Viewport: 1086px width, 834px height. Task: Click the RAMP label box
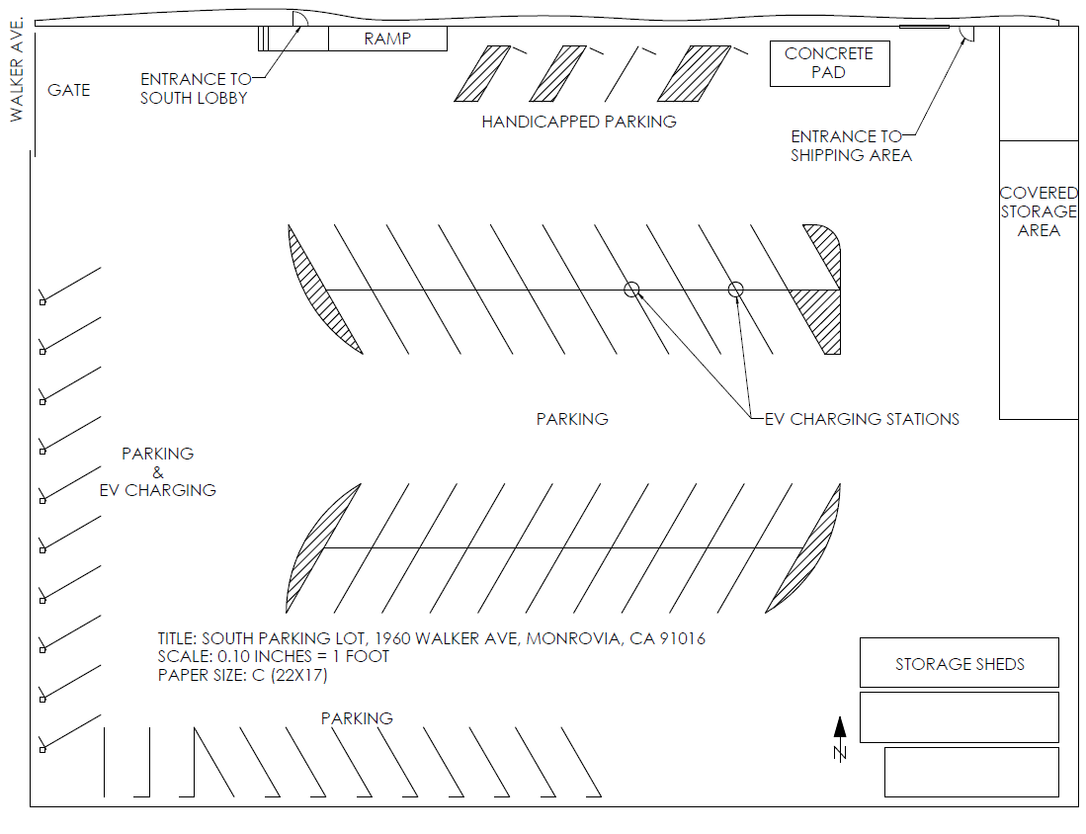(x=387, y=40)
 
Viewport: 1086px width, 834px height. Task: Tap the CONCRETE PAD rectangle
(x=829, y=63)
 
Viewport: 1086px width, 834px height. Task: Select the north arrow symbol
(x=840, y=740)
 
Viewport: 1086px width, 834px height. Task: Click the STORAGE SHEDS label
(x=960, y=664)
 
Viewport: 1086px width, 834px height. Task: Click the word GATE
(x=69, y=90)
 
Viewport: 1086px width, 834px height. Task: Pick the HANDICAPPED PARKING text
(x=579, y=122)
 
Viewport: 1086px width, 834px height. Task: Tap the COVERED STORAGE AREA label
(x=1038, y=211)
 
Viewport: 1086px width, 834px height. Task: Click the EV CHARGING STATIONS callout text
(x=862, y=419)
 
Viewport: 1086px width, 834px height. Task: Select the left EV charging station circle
(x=632, y=290)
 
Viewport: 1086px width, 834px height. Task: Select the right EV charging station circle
(x=735, y=290)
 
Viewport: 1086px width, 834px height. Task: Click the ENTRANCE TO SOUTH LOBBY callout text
(x=195, y=88)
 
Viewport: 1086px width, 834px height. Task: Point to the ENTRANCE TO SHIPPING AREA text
(x=850, y=145)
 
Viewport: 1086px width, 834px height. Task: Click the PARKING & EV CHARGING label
(x=158, y=471)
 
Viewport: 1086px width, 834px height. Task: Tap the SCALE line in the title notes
(x=274, y=657)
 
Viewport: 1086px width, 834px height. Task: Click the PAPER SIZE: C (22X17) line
(x=242, y=676)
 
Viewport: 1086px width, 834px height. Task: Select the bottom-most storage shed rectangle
(x=970, y=772)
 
